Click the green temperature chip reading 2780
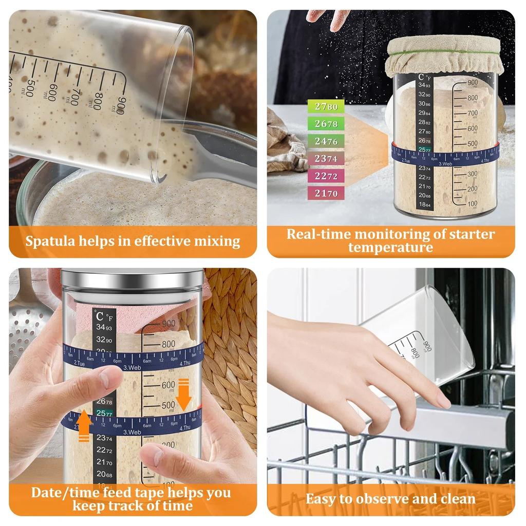point(326,107)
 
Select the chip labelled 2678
point(326,124)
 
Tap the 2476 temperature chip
point(326,141)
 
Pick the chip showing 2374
point(326,159)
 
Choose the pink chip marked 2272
point(326,176)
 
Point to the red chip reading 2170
point(326,194)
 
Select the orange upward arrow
point(84,425)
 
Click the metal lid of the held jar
point(132,279)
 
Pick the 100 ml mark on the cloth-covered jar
point(472,204)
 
